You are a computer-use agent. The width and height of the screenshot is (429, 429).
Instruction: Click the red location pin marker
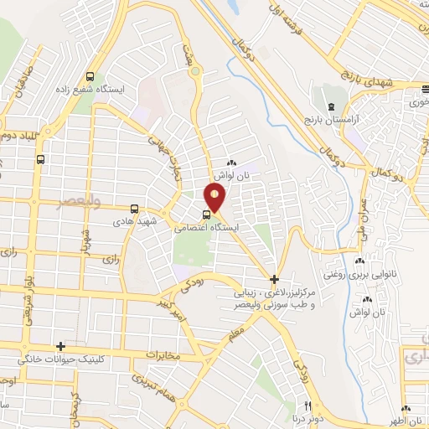click(215, 198)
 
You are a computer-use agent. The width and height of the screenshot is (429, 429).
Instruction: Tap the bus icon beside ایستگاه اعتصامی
click(207, 213)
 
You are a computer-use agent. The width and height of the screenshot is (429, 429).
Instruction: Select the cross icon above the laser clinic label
click(275, 278)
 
